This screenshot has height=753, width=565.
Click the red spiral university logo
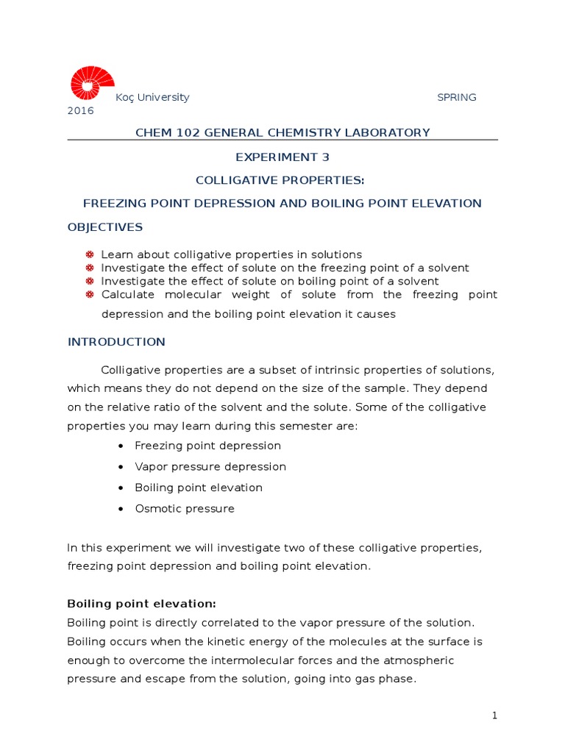point(92,83)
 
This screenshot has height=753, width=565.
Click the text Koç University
point(152,97)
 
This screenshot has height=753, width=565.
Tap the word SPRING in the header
point(457,97)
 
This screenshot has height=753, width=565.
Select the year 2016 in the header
point(81,111)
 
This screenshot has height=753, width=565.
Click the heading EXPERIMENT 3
point(282,157)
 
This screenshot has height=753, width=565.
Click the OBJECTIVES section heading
point(105,227)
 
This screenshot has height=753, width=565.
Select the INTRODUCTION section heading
point(116,342)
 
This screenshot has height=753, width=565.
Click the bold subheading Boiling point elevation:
point(141,604)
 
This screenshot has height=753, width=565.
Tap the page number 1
point(495,715)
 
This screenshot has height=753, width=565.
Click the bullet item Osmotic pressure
point(185,509)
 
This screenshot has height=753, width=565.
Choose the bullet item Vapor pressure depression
point(210,467)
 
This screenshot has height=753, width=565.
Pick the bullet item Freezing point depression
point(208,446)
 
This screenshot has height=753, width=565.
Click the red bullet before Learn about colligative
point(90,254)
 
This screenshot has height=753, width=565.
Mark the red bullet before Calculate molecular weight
point(90,295)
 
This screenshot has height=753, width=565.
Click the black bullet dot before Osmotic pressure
point(121,509)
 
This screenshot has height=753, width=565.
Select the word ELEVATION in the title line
point(448,204)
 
